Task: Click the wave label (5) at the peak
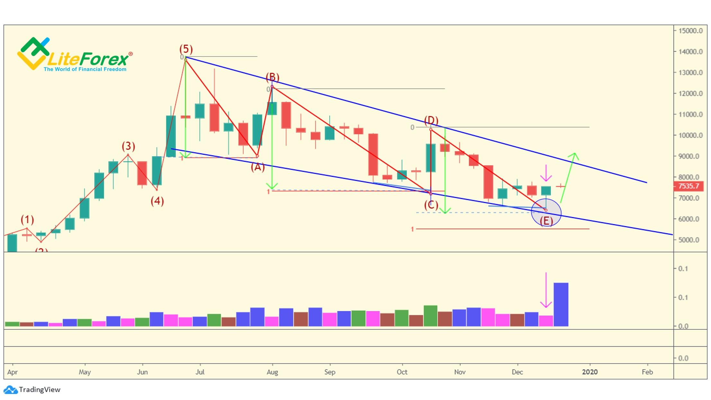pos(186,49)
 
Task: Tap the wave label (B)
pos(272,77)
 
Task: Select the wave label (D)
pos(431,120)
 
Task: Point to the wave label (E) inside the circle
pos(546,221)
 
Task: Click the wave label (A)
pos(257,167)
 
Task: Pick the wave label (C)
pos(431,205)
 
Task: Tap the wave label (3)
pos(128,146)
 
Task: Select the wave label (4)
pos(157,201)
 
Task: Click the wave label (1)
pos(27,220)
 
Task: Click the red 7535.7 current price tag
pos(688,186)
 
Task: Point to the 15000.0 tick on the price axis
pos(690,31)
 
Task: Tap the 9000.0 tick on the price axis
pos(690,156)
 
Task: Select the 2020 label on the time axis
pos(590,372)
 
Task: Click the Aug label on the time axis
pos(272,372)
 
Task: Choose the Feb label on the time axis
pos(647,372)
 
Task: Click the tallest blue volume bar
pos(561,305)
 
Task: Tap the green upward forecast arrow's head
pos(574,156)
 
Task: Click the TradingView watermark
pos(39,390)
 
